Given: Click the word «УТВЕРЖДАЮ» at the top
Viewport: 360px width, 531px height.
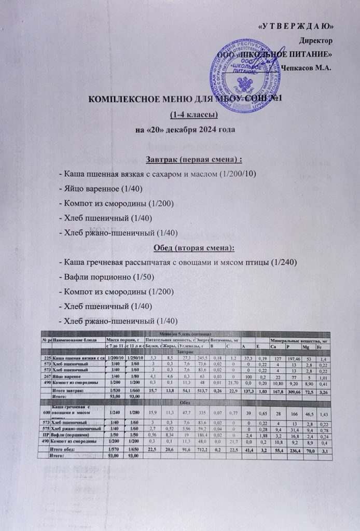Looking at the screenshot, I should pyautogui.click(x=295, y=26).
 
